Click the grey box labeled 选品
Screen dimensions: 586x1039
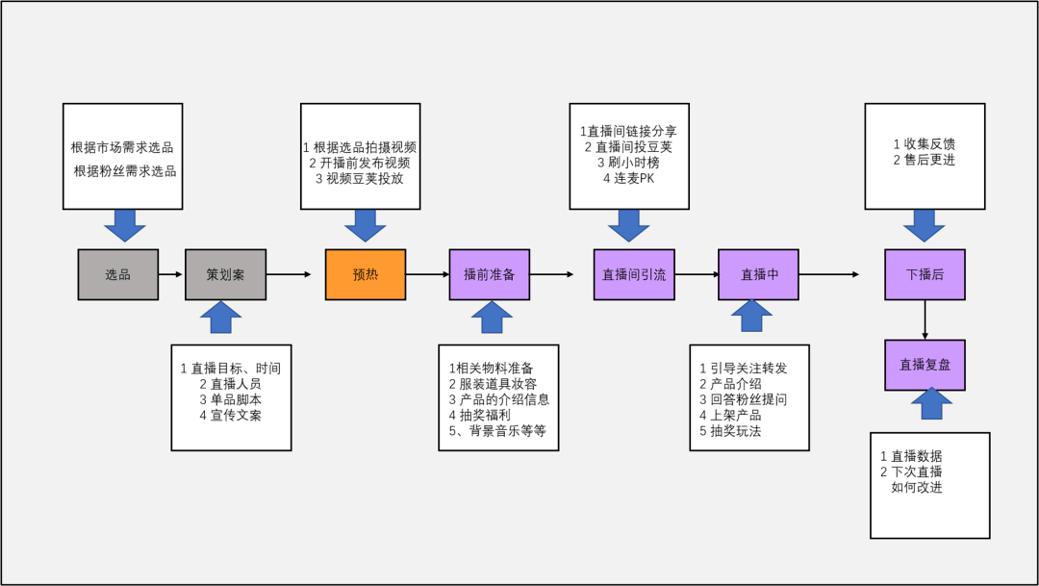118,274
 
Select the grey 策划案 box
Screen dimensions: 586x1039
225,274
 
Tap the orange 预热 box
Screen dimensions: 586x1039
366,274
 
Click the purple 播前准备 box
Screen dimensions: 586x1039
490,274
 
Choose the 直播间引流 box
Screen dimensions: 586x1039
633,274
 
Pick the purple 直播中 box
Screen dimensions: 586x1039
759,274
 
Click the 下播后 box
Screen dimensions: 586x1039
925,274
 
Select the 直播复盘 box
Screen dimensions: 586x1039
925,365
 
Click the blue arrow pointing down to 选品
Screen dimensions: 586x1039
124,226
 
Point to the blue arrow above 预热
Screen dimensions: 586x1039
365,226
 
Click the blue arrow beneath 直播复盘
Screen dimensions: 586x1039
930,404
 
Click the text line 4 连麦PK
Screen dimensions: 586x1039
628,179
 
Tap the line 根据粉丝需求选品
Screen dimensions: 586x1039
125,171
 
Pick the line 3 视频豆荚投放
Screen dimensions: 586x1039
360,179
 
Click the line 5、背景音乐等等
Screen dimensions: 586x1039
497,430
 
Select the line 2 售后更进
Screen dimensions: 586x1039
924,160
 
